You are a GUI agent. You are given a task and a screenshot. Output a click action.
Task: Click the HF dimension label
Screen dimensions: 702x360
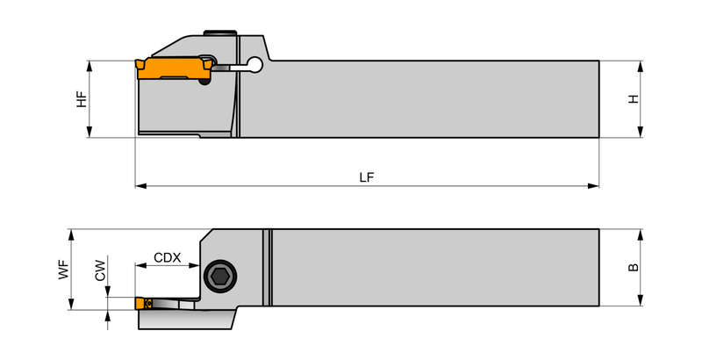[x=82, y=99]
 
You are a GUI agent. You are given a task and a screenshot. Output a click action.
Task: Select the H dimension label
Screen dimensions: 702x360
[x=634, y=99]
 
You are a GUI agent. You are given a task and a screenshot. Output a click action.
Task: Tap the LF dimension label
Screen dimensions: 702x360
[x=367, y=177]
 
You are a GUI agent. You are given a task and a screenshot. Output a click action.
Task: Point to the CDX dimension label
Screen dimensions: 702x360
[x=168, y=257]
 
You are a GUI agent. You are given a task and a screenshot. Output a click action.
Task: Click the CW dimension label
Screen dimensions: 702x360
[x=100, y=270]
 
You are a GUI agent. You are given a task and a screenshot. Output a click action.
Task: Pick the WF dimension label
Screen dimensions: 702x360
[x=64, y=270]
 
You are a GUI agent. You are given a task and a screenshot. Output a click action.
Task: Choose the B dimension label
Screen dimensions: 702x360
[x=634, y=267]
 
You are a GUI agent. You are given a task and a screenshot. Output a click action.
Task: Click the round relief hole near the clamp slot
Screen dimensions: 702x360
[x=255, y=64]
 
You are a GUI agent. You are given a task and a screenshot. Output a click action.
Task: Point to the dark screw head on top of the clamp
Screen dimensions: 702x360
[x=220, y=32]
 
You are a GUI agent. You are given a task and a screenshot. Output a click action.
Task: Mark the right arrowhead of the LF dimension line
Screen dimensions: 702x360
[x=593, y=186]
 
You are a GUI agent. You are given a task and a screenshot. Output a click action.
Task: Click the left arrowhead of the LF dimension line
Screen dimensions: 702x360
[x=141, y=186]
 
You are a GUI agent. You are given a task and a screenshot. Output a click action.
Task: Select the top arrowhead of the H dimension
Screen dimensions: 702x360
[x=641, y=66]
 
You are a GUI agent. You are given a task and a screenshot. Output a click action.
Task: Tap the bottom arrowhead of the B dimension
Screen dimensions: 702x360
[x=641, y=300]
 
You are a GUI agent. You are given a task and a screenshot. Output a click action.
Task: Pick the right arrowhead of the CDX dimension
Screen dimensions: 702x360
[x=194, y=265]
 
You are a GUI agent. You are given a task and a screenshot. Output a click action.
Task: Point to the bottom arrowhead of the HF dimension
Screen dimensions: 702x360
[x=90, y=132]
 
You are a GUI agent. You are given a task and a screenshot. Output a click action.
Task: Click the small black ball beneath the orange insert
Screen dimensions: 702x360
[x=204, y=82]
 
